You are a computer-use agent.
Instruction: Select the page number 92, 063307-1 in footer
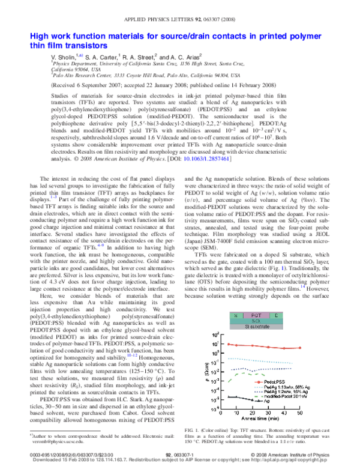179,455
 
